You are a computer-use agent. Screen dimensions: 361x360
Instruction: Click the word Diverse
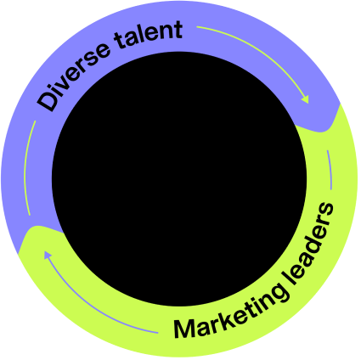[x=73, y=74]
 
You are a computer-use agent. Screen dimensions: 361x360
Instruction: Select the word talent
[x=149, y=35]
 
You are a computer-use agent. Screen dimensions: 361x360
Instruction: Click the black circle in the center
[x=179, y=179]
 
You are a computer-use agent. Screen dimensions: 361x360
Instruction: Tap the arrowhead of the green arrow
[x=305, y=99]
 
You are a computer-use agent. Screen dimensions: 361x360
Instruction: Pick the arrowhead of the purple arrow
[x=48, y=255]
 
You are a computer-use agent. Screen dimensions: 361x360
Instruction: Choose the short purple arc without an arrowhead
[x=330, y=170]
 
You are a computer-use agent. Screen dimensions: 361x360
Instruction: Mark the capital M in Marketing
[x=184, y=329]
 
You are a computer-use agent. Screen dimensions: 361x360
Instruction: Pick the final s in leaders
[x=326, y=209]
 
